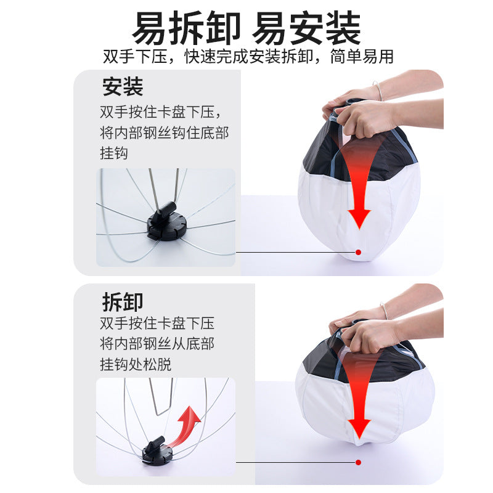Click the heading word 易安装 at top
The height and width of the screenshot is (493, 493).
[308, 27]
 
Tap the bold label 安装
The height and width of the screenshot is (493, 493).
[123, 88]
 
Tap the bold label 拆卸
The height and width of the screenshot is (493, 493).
[123, 302]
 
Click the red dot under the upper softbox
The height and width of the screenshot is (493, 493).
[357, 251]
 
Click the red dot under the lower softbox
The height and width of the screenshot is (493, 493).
[357, 462]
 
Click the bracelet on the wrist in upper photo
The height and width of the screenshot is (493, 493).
[377, 91]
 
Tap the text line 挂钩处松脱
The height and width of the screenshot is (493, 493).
[136, 364]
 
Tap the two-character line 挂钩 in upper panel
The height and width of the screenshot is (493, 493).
[114, 153]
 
